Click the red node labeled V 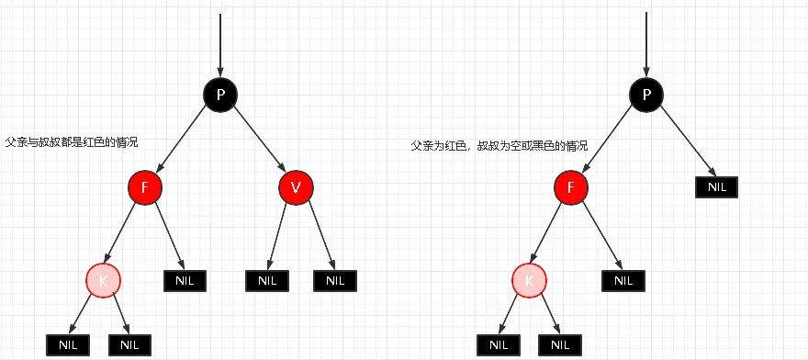click(x=296, y=187)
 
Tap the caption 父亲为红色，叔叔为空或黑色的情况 click(x=499, y=147)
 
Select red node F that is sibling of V click(x=145, y=187)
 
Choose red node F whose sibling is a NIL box click(x=571, y=187)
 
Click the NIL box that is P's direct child click(x=716, y=186)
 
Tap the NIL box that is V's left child click(x=267, y=280)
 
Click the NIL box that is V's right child click(x=334, y=280)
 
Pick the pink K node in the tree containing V click(x=104, y=280)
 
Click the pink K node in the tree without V click(x=530, y=280)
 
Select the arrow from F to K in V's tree click(x=124, y=234)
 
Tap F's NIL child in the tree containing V click(x=185, y=280)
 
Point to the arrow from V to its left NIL click(x=281, y=234)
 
